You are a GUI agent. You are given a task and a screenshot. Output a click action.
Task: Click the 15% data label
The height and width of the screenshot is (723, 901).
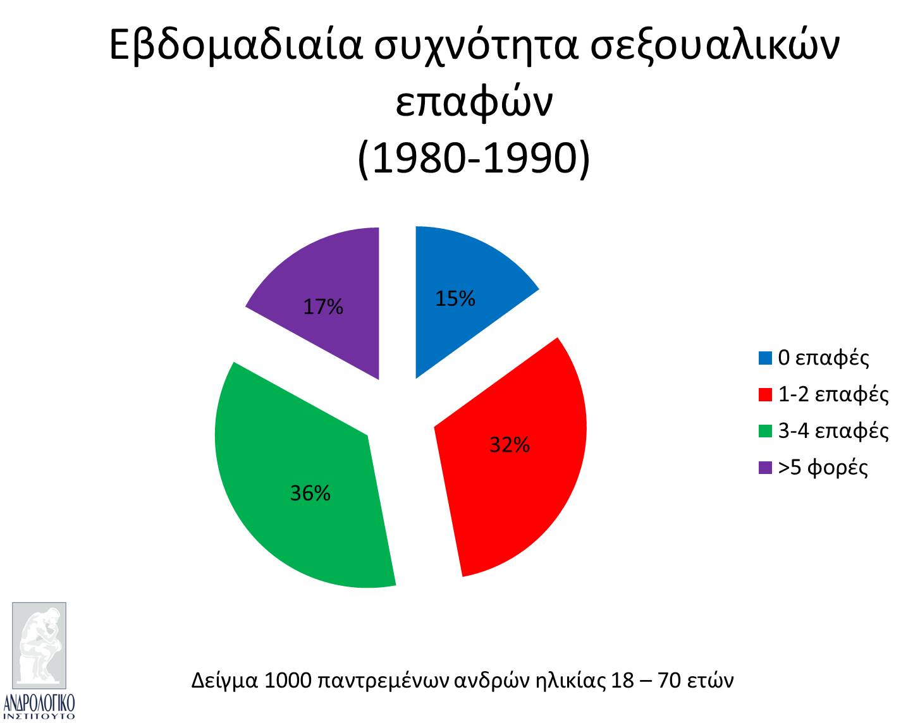(x=455, y=298)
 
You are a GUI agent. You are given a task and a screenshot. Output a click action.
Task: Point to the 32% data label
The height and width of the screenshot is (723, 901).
(x=510, y=444)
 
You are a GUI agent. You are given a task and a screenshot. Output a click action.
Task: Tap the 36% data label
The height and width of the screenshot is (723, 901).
(x=310, y=493)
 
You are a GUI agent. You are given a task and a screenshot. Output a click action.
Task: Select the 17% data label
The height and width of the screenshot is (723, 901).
(x=323, y=307)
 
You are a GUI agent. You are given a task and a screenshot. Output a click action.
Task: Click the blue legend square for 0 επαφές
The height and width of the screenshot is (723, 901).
(x=765, y=358)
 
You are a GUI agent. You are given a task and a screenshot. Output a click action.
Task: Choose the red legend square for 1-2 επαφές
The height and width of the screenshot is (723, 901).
(x=765, y=395)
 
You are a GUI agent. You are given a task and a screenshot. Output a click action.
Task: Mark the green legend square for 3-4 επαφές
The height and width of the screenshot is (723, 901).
(x=765, y=431)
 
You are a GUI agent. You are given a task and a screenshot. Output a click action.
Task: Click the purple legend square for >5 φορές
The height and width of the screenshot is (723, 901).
(x=765, y=468)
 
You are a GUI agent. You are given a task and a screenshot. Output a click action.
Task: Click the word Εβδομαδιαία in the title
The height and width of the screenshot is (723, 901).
(x=235, y=46)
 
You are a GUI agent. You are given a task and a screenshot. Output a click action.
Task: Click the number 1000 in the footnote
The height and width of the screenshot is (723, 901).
(x=288, y=680)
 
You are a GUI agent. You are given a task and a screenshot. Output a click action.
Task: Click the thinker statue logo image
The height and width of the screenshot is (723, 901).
(x=39, y=645)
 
